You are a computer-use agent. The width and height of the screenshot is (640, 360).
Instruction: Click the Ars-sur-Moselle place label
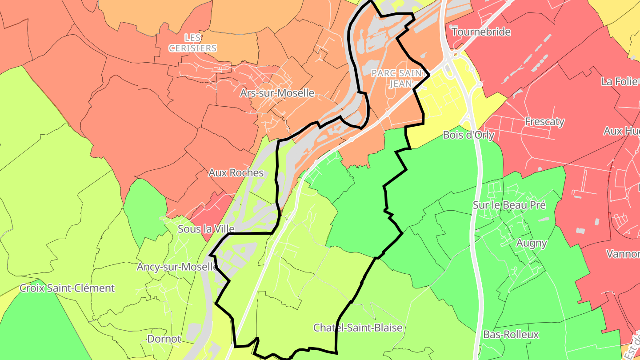[x=277, y=93]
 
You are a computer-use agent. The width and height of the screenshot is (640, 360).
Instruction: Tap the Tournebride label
[x=481, y=32]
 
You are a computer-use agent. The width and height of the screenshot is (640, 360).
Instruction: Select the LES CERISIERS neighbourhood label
[x=193, y=43]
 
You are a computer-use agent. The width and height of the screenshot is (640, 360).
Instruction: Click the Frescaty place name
[x=544, y=121]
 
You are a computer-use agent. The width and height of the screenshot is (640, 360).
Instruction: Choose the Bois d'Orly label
[x=468, y=135]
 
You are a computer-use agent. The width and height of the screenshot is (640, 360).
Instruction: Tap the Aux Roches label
[x=236, y=173]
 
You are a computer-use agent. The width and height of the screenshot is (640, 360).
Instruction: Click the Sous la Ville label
[x=206, y=229]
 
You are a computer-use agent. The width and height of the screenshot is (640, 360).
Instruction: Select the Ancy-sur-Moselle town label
[x=177, y=267]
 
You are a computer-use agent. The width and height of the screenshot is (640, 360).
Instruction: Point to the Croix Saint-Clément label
[x=67, y=288]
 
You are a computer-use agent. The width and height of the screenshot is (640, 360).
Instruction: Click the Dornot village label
[x=164, y=339]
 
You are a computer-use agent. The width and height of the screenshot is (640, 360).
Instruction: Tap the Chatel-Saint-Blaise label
[x=358, y=328]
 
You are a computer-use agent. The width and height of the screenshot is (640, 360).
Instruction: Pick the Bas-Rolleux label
[x=511, y=335]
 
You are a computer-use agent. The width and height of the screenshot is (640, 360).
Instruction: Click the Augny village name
[x=532, y=243]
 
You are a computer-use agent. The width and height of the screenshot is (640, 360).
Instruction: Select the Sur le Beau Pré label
[x=509, y=205]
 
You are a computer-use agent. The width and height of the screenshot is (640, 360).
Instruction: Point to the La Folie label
[x=620, y=82]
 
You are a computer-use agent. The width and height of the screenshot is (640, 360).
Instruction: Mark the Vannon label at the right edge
[x=623, y=254]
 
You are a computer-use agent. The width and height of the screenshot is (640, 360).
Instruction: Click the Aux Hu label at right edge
[x=621, y=131]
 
